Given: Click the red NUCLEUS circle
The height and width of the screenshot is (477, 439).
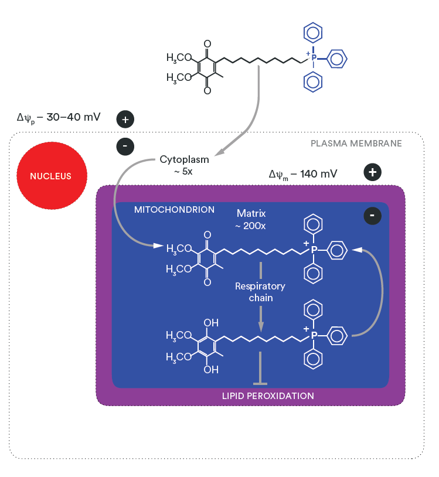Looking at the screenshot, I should click(x=52, y=175).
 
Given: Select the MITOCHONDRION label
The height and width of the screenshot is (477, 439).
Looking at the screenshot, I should click(x=174, y=209).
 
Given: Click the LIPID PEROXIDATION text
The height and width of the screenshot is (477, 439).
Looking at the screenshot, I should click(x=268, y=396).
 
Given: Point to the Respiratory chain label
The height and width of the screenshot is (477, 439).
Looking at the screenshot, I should click(x=260, y=292).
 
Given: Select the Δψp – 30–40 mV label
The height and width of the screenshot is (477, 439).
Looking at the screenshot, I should click(x=58, y=117).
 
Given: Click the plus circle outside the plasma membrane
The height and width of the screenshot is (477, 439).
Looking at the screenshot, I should click(x=125, y=120).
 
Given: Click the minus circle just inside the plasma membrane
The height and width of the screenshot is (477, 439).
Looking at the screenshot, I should click(x=125, y=146).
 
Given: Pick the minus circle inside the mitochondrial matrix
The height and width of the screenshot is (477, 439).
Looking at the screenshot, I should click(x=372, y=216).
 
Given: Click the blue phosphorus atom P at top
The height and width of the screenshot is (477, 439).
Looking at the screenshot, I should click(x=314, y=58).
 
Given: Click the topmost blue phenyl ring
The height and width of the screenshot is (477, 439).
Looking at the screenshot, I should click(x=314, y=32).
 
